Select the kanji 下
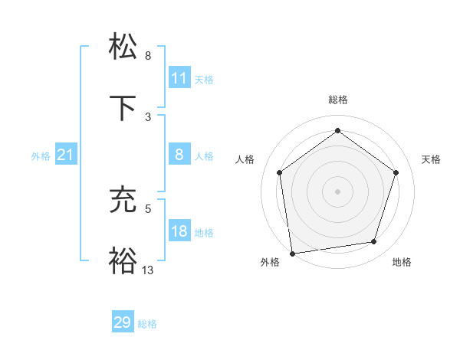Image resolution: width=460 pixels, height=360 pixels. [x=123, y=108]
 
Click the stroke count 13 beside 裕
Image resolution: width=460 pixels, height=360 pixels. [x=148, y=270]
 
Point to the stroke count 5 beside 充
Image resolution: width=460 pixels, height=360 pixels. [x=148, y=208]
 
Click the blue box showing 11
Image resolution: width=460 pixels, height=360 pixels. [x=179, y=78]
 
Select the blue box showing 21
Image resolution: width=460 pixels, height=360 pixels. [x=65, y=155]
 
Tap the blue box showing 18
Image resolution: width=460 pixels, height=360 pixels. [x=179, y=232]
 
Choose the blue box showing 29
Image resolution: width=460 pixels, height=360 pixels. [x=123, y=322]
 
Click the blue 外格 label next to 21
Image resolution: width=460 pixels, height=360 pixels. [x=41, y=156]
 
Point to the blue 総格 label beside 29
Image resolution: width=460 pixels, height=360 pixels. [x=147, y=324]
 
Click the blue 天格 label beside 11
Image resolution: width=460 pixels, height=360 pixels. [x=204, y=79]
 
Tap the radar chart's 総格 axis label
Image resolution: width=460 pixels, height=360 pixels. [x=337, y=100]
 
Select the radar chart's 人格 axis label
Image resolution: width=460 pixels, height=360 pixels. [x=245, y=159]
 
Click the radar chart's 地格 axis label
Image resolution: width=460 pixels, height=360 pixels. [x=402, y=262]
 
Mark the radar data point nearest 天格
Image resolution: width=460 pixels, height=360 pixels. [x=396, y=172]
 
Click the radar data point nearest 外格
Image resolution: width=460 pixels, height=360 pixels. [x=292, y=253]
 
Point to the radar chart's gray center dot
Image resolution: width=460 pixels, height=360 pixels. [x=337, y=191]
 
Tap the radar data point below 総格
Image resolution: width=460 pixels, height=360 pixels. [x=337, y=131]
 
